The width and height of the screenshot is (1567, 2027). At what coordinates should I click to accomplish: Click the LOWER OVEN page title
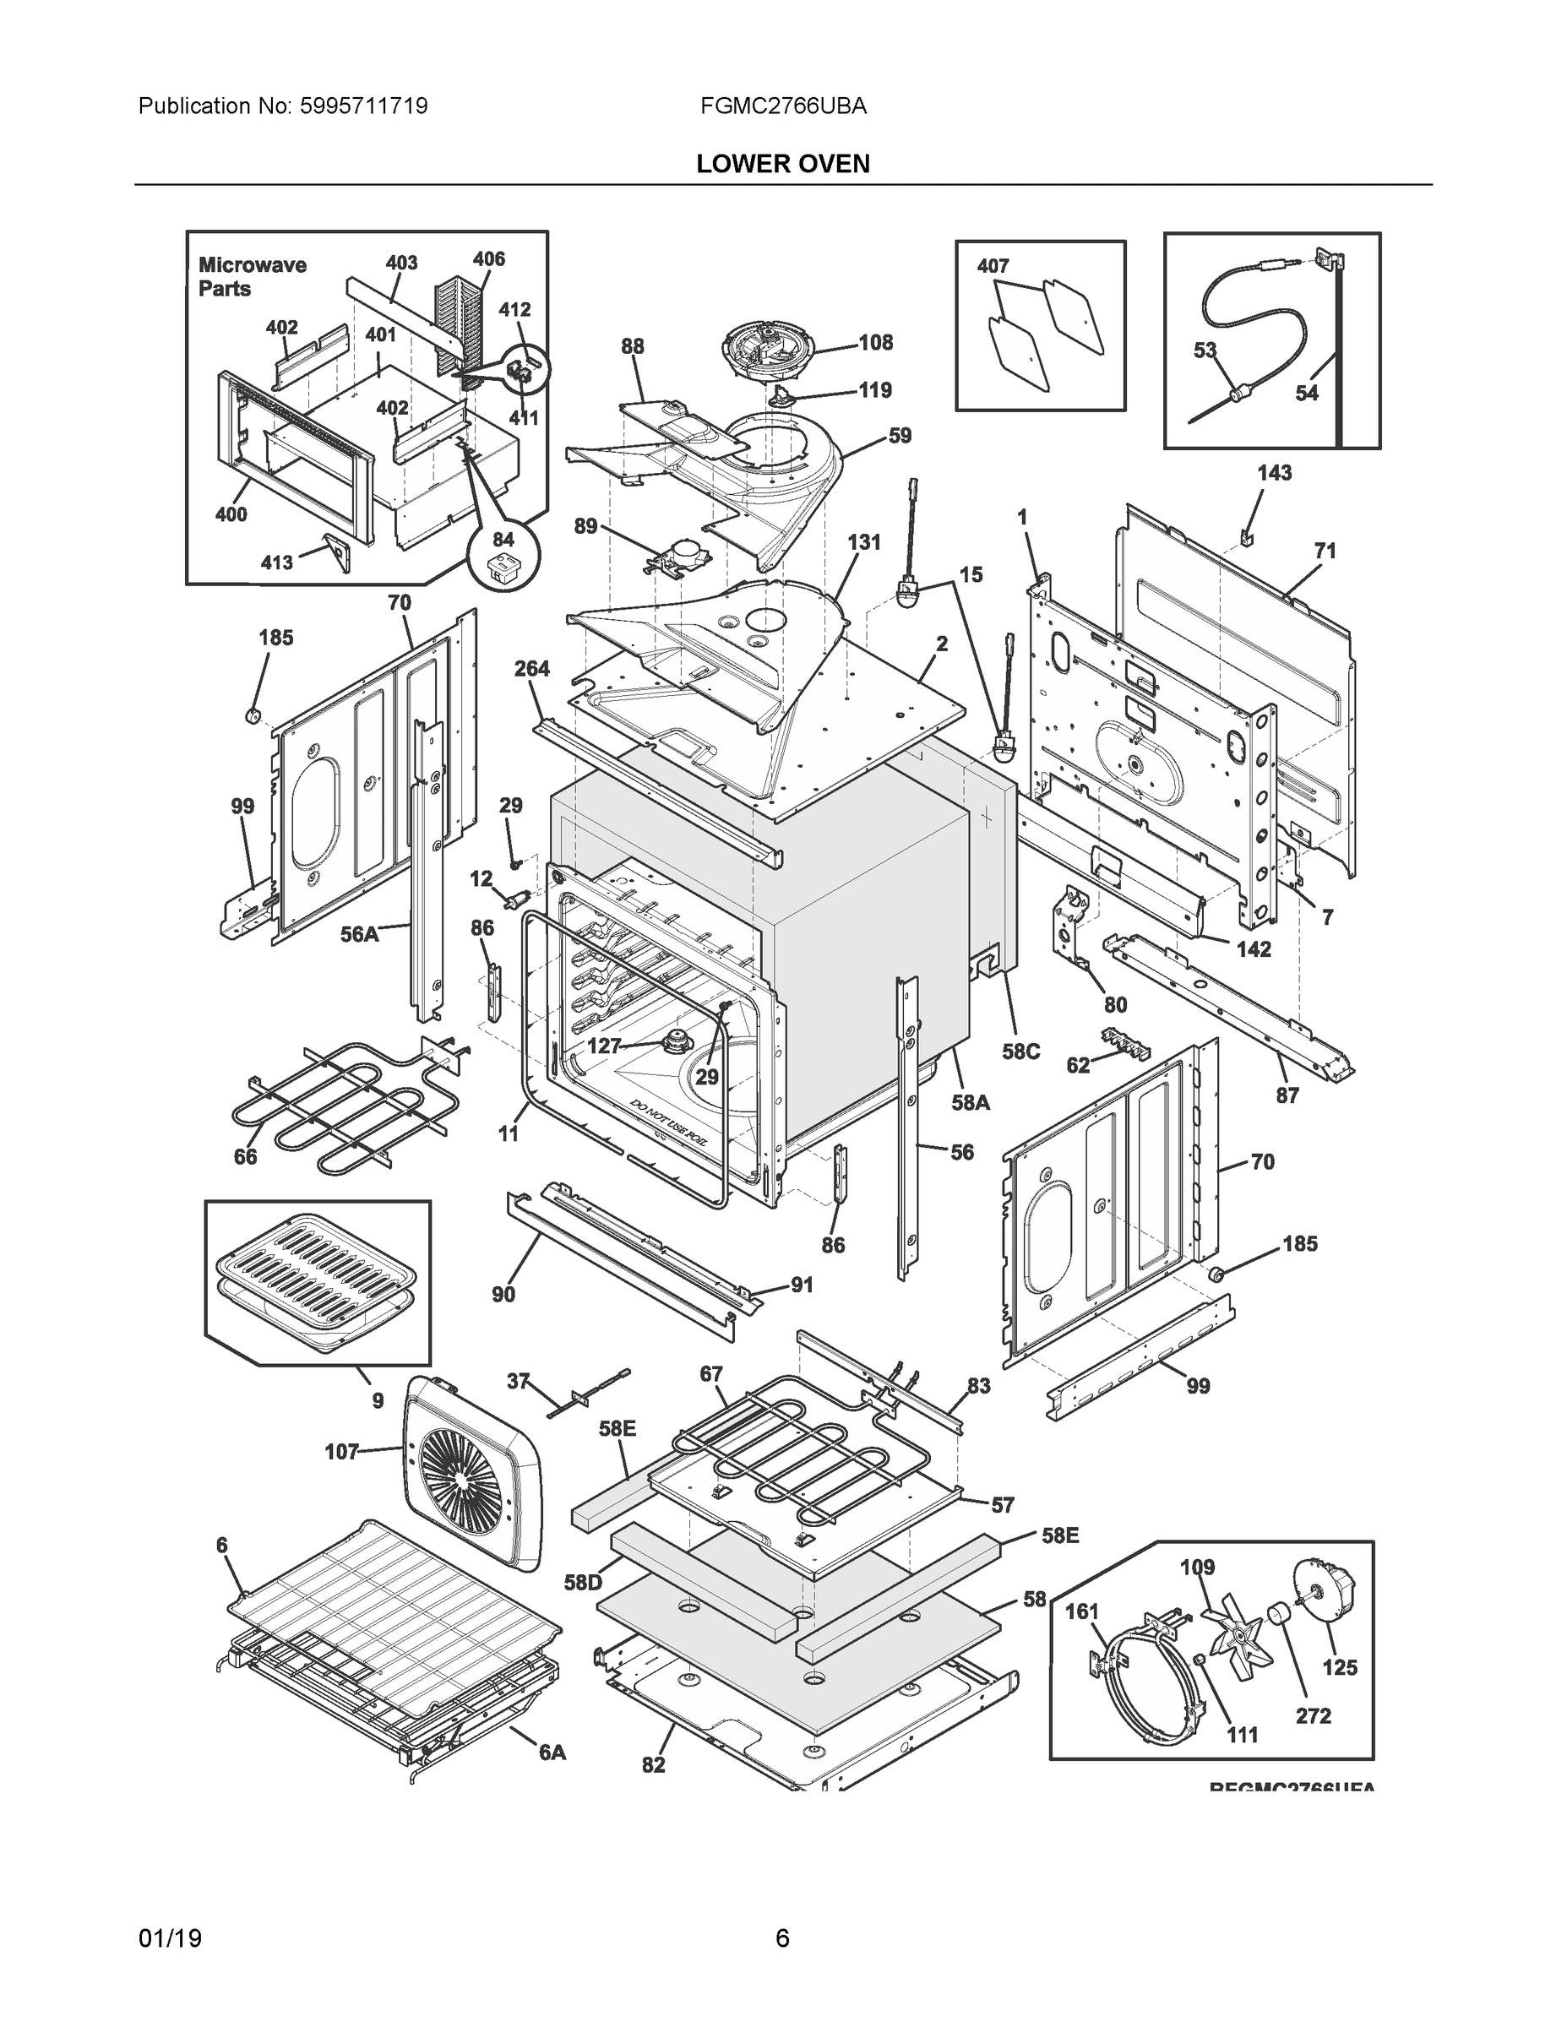click(782, 165)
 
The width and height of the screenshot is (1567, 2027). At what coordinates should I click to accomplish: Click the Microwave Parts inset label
click(252, 276)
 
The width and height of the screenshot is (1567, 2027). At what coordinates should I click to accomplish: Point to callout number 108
click(874, 342)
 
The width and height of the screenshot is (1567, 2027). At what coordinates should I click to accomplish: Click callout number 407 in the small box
click(993, 265)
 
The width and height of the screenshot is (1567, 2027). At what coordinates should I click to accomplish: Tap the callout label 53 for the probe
click(1205, 350)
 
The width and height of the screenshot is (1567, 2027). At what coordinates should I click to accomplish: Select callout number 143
click(1274, 473)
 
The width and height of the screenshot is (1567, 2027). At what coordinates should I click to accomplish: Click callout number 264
click(532, 668)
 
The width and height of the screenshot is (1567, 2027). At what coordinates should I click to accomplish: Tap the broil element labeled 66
click(325, 1105)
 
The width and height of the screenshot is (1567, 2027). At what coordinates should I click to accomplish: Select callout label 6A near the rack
click(552, 1752)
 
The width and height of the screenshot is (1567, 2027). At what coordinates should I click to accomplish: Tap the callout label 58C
click(1020, 1051)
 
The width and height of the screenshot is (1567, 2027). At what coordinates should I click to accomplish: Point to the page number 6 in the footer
click(782, 1938)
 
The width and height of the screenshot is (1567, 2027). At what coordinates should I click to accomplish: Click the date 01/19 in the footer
click(169, 1938)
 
